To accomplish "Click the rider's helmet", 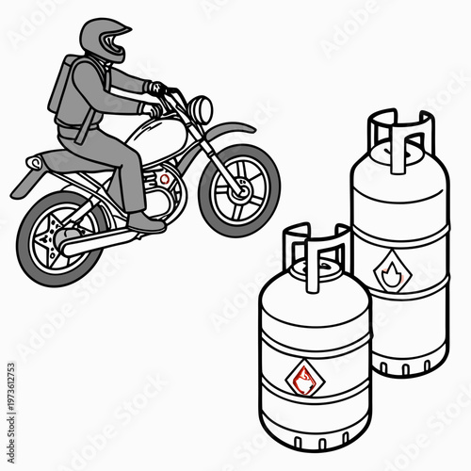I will pyautogui.click(x=102, y=41).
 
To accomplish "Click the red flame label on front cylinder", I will pyautogui.click(x=302, y=378).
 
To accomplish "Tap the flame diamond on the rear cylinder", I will pyautogui.click(x=390, y=275).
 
